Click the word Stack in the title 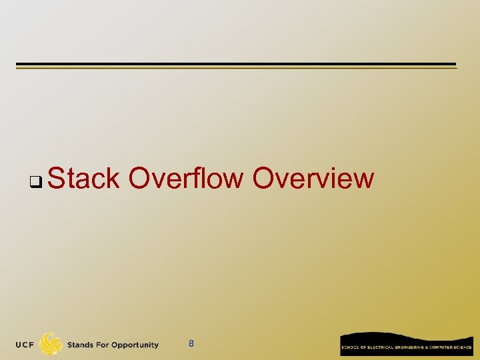click(84, 179)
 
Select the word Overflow click(186, 179)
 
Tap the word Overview click(313, 179)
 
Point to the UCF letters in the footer click(26, 345)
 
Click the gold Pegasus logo click(51, 344)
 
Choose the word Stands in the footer click(81, 345)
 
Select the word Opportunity click(136, 345)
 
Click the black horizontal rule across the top click(236, 65)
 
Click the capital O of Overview click(265, 179)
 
